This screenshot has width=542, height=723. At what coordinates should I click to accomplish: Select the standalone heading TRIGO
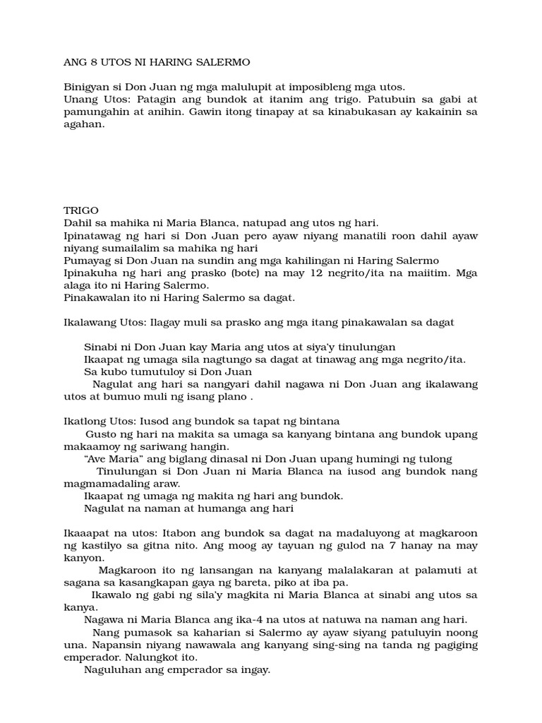pyautogui.click(x=81, y=210)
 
